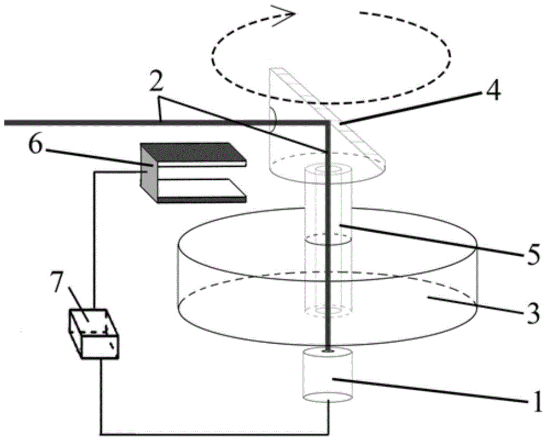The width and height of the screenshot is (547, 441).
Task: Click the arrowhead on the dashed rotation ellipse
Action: [x=284, y=12]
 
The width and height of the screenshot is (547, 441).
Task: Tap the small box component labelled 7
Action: [x=93, y=334]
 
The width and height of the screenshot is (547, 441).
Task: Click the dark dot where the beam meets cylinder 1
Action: [x=328, y=350]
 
